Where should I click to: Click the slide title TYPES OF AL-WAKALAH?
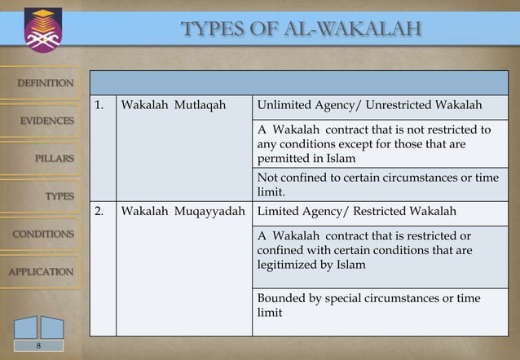tap(301, 30)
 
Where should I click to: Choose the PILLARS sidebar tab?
tap(54, 158)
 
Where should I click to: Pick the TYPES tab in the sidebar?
tap(59, 196)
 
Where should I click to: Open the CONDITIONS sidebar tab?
tap(42, 234)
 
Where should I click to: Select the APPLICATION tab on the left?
tap(41, 271)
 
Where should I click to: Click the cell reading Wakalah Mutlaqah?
tap(173, 106)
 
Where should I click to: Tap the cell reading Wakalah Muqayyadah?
tap(183, 212)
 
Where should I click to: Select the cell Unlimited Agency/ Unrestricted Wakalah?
tap(369, 106)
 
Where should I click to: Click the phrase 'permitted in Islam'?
tap(295, 158)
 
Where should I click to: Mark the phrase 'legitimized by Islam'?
tap(311, 265)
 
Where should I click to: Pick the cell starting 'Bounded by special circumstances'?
tap(368, 305)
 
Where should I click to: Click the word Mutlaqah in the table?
tap(199, 106)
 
